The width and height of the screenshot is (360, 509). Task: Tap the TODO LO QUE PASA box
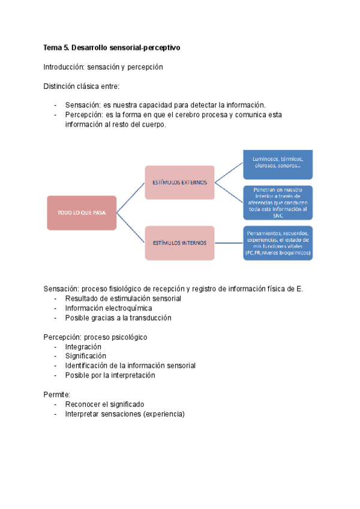coord(82,212)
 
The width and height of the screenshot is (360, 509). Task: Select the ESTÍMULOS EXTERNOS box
coord(179,182)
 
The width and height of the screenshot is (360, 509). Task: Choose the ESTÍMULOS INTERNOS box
coord(179,243)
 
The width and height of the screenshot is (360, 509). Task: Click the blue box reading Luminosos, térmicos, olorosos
coord(277,163)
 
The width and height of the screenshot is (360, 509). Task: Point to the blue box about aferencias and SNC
coord(277,202)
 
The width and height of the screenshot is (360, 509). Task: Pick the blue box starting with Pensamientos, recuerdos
coord(277,243)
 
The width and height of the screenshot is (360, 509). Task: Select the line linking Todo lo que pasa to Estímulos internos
coord(131,228)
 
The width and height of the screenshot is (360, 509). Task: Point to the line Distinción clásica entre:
coord(82,86)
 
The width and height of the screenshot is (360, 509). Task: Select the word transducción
coord(147,318)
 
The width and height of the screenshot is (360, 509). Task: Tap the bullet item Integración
coord(83,346)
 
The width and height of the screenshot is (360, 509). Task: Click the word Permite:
coord(57,394)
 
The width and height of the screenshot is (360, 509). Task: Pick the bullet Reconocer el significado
coord(104,404)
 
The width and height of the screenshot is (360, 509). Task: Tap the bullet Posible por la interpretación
coord(110,375)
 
